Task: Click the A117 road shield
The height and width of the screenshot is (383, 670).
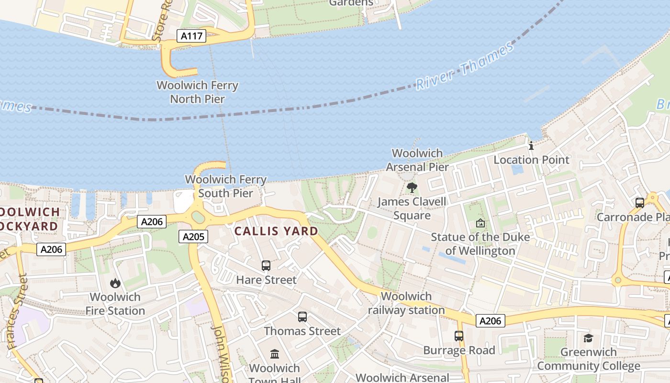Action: click(x=191, y=36)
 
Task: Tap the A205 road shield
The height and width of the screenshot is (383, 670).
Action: click(x=194, y=236)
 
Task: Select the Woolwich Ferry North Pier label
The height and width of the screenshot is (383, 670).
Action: click(x=197, y=92)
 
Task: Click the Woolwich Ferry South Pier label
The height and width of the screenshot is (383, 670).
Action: click(x=225, y=187)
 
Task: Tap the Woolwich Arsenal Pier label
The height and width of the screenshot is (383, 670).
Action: click(x=417, y=160)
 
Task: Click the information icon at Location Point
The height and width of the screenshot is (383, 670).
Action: click(x=530, y=146)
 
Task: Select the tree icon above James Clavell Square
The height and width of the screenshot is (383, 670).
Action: click(x=412, y=188)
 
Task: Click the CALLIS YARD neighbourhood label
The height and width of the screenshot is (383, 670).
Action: click(x=276, y=231)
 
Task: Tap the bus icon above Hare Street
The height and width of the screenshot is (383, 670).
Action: click(x=266, y=265)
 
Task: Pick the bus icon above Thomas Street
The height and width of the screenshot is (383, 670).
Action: click(x=302, y=316)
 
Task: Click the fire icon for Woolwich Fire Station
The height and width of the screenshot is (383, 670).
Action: click(x=115, y=283)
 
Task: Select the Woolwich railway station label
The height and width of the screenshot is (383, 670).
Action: click(x=406, y=303)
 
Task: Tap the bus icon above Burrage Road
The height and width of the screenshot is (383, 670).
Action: click(x=459, y=336)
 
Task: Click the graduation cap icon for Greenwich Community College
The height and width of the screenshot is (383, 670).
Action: click(x=588, y=338)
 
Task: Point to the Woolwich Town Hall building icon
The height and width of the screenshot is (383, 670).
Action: click(x=275, y=354)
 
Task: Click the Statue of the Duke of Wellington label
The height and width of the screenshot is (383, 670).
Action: click(x=480, y=244)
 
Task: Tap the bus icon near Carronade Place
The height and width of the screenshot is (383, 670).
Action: click(x=639, y=203)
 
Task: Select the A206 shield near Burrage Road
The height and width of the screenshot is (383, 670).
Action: click(x=491, y=321)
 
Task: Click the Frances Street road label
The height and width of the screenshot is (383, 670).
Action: click(x=15, y=312)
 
